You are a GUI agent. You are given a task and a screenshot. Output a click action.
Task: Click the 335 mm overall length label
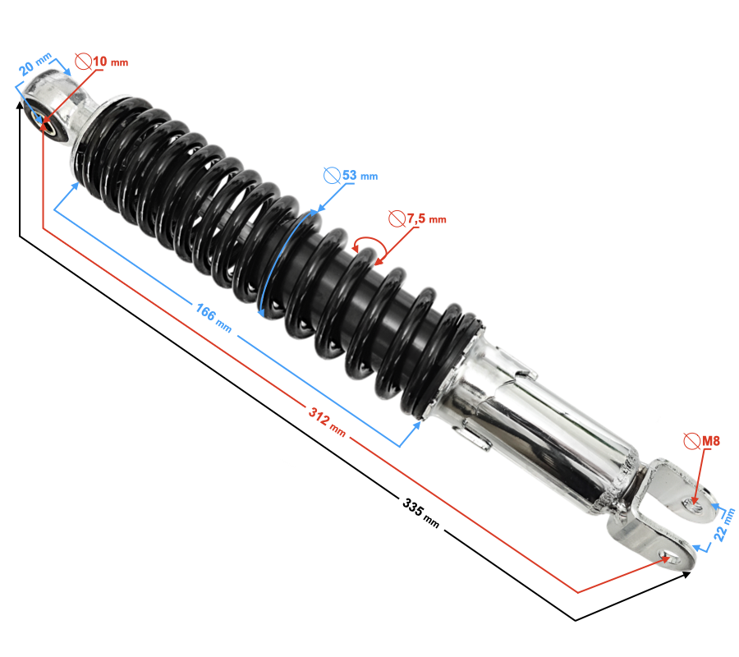coord(420,513)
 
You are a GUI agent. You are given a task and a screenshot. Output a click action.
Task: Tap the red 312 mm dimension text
coord(327,421)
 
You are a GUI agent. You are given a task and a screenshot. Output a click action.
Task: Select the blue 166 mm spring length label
coord(213,318)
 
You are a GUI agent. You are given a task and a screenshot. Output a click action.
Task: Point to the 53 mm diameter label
coord(360,175)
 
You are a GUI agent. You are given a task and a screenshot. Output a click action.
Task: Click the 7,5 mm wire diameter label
coord(426,218)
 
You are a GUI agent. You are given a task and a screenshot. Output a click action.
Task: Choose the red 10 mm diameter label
coord(110,62)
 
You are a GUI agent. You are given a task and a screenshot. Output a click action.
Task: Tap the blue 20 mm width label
coord(34,65)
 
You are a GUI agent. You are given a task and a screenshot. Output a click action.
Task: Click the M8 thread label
coord(711,441)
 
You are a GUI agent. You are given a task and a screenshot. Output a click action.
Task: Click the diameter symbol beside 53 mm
coord(333,175)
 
